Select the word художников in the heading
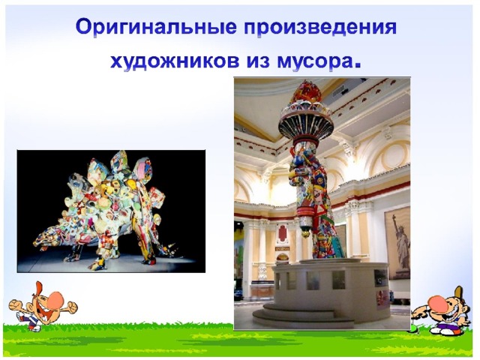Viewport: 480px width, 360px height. coord(175,62)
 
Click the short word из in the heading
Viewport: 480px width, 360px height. coord(258,61)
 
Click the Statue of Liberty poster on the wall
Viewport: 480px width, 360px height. coord(397,243)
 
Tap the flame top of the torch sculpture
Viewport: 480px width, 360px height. coord(307,92)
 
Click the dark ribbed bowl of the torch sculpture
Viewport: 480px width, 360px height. coord(306,126)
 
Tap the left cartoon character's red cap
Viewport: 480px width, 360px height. coord(37,289)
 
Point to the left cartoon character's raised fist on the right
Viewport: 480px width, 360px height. coord(72,307)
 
